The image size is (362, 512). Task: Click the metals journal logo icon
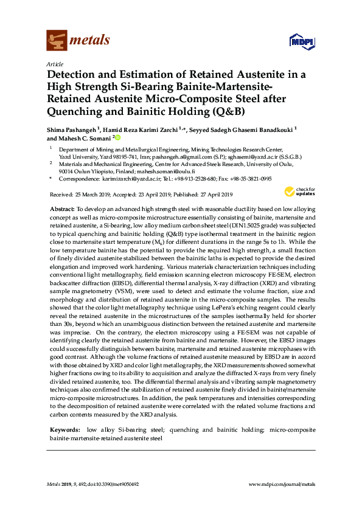tap(56, 41)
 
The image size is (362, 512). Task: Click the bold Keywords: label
tap(64, 430)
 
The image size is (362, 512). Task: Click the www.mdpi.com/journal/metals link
tap(282, 484)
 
